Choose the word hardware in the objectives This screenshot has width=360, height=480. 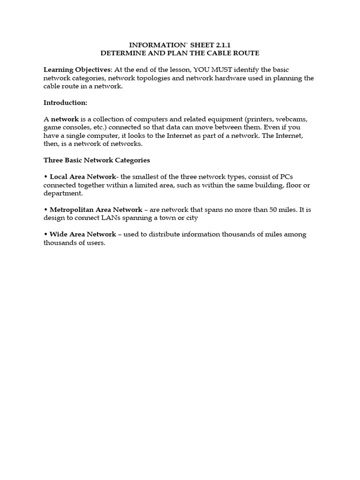[216, 78]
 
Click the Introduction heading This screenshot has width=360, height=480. [65, 103]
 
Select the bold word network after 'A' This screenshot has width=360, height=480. [65, 119]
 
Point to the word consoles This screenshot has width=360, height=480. [77, 127]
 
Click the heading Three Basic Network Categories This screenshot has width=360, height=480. [97, 160]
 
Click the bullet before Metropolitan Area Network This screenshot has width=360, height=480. [45, 210]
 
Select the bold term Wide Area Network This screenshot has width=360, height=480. [82, 234]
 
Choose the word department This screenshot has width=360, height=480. [63, 193]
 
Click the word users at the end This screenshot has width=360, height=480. [95, 243]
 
